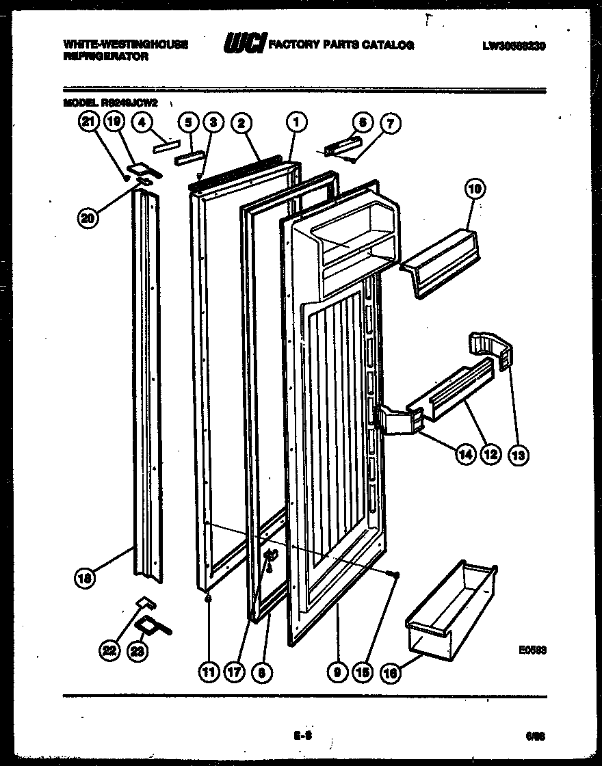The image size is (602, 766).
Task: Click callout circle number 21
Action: point(87,122)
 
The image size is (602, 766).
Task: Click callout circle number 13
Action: point(519,454)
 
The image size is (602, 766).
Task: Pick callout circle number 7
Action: point(391,123)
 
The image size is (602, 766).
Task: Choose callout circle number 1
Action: point(296,123)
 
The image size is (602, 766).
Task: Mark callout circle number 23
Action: point(138,652)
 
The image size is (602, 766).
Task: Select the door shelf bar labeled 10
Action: point(442,263)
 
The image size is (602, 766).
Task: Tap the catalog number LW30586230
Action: point(513,47)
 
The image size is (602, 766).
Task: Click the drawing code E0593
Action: point(532,650)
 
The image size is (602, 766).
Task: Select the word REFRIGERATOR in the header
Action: point(106,57)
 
